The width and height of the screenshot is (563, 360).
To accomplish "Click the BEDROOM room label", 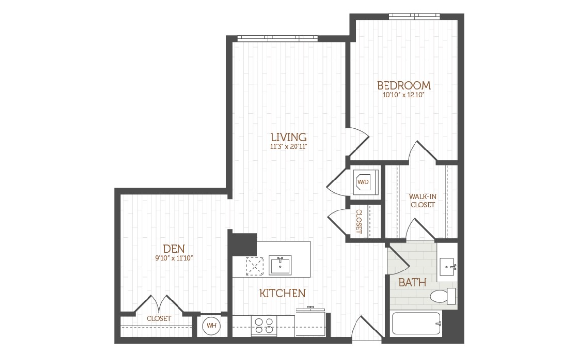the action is [x=404, y=85].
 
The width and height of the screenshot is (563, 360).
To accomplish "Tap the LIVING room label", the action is [x=289, y=137].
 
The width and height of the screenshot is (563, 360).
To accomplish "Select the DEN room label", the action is [x=174, y=249].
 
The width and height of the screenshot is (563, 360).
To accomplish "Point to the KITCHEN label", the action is [x=283, y=293].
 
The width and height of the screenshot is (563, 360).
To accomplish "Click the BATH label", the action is [x=413, y=282].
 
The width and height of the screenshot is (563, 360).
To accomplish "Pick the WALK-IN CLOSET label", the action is [x=422, y=201].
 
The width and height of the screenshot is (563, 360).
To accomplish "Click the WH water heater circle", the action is [x=211, y=326].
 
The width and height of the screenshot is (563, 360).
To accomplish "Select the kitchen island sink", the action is [x=280, y=265].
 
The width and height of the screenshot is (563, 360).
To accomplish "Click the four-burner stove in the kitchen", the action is [x=264, y=326].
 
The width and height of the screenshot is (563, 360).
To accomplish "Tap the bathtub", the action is [x=416, y=323].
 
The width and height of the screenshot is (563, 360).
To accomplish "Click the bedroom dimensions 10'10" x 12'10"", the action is [x=404, y=95].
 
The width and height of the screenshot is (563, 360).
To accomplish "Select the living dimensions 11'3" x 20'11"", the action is [x=289, y=146].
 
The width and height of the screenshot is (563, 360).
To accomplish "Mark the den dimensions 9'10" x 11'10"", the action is [x=174, y=258].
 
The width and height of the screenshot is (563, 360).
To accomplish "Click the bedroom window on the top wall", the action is [x=415, y=16].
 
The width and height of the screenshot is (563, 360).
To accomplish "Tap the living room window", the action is [x=278, y=38].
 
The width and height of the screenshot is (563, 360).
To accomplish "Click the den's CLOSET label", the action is [x=159, y=318].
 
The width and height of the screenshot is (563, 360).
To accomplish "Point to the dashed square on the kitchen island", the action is [x=255, y=266].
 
